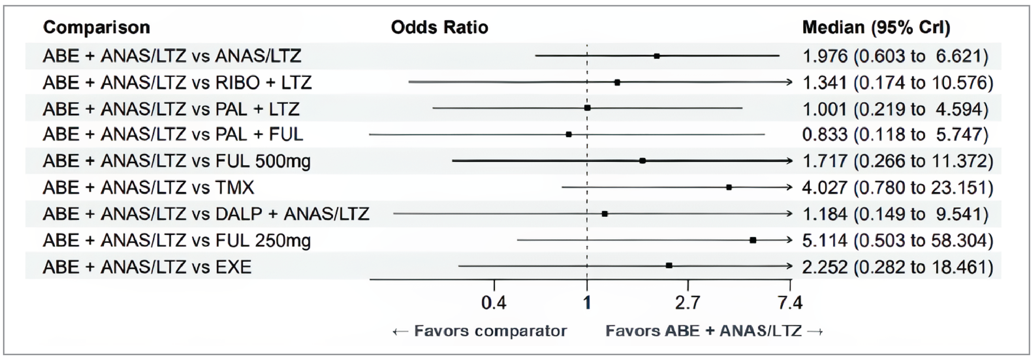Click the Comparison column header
click(97, 27)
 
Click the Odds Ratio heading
click(439, 27)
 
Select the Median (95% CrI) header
click(876, 27)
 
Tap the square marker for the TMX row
click(729, 187)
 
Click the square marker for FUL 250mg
click(753, 240)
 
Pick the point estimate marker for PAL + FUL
click(569, 134)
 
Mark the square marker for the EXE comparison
click(669, 266)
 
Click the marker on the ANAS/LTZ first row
click(657, 56)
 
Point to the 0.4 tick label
click(494, 303)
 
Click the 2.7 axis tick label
click(687, 303)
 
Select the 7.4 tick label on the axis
click(790, 303)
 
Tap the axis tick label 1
click(587, 303)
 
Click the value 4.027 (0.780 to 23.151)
click(897, 188)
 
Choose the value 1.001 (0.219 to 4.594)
click(895, 109)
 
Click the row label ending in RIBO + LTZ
click(177, 83)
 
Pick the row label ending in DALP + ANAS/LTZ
click(206, 214)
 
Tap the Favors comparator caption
click(480, 331)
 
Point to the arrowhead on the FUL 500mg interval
click(789, 161)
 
